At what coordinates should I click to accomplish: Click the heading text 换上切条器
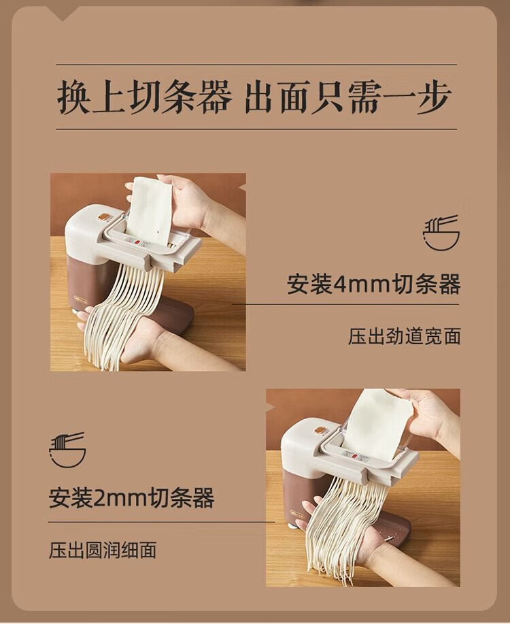(x=145, y=97)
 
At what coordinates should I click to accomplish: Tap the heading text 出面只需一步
(x=347, y=97)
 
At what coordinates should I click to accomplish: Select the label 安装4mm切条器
(x=373, y=284)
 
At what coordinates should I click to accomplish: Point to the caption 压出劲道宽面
(x=405, y=336)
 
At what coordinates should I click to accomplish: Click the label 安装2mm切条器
(x=132, y=498)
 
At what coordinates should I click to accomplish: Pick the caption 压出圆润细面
(x=103, y=550)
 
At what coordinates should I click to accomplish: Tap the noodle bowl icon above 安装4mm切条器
(x=441, y=233)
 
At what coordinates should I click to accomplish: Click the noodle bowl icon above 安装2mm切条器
(x=67, y=450)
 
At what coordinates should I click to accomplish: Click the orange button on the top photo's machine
(x=103, y=217)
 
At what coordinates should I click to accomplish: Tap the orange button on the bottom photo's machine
(x=319, y=430)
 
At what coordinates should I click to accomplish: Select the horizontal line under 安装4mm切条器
(x=345, y=304)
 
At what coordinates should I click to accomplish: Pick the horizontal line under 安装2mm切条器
(x=161, y=522)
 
